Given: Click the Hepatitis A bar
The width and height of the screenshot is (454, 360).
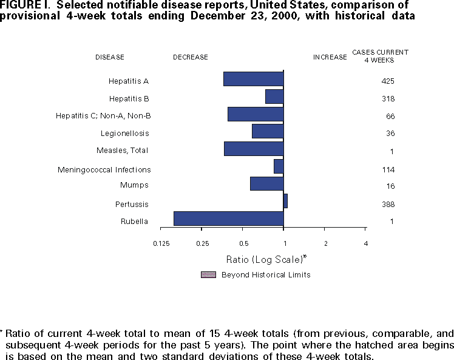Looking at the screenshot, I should [x=253, y=79].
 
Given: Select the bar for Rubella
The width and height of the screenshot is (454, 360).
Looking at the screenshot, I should [x=228, y=219].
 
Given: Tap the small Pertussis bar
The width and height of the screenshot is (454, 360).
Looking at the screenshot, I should [x=285, y=201].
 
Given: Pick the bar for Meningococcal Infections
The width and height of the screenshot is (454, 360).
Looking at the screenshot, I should [x=279, y=166].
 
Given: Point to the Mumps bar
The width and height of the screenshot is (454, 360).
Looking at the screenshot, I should [x=266, y=183].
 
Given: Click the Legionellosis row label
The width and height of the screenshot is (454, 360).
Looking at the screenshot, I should [x=124, y=133].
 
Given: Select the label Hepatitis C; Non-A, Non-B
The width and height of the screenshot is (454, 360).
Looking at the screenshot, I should [x=103, y=115].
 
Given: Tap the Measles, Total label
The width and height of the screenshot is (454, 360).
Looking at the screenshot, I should [x=122, y=151].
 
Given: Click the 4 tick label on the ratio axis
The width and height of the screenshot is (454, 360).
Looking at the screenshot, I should [x=365, y=243].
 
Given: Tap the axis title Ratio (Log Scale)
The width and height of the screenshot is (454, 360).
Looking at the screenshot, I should [x=266, y=259].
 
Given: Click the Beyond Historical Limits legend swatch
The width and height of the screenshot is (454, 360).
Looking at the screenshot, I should [x=208, y=274].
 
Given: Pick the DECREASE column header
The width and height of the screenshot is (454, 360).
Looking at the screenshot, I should [x=190, y=57].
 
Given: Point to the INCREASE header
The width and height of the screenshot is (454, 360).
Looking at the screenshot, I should [x=330, y=57].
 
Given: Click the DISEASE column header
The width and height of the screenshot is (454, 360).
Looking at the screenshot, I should [x=110, y=57].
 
